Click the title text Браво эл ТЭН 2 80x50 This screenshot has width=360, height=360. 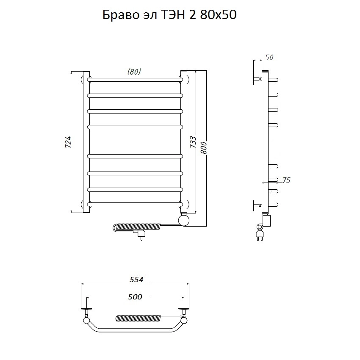click(169, 15)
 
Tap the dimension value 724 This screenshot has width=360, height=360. click(69, 142)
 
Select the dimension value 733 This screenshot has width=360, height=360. click(193, 142)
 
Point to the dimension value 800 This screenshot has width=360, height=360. click(204, 148)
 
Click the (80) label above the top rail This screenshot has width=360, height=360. click(134, 72)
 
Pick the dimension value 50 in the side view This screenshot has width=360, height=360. click(269, 58)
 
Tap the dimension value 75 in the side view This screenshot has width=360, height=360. click(286, 180)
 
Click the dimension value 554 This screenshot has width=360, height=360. click(136, 280)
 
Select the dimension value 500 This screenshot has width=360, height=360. click(135, 297)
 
